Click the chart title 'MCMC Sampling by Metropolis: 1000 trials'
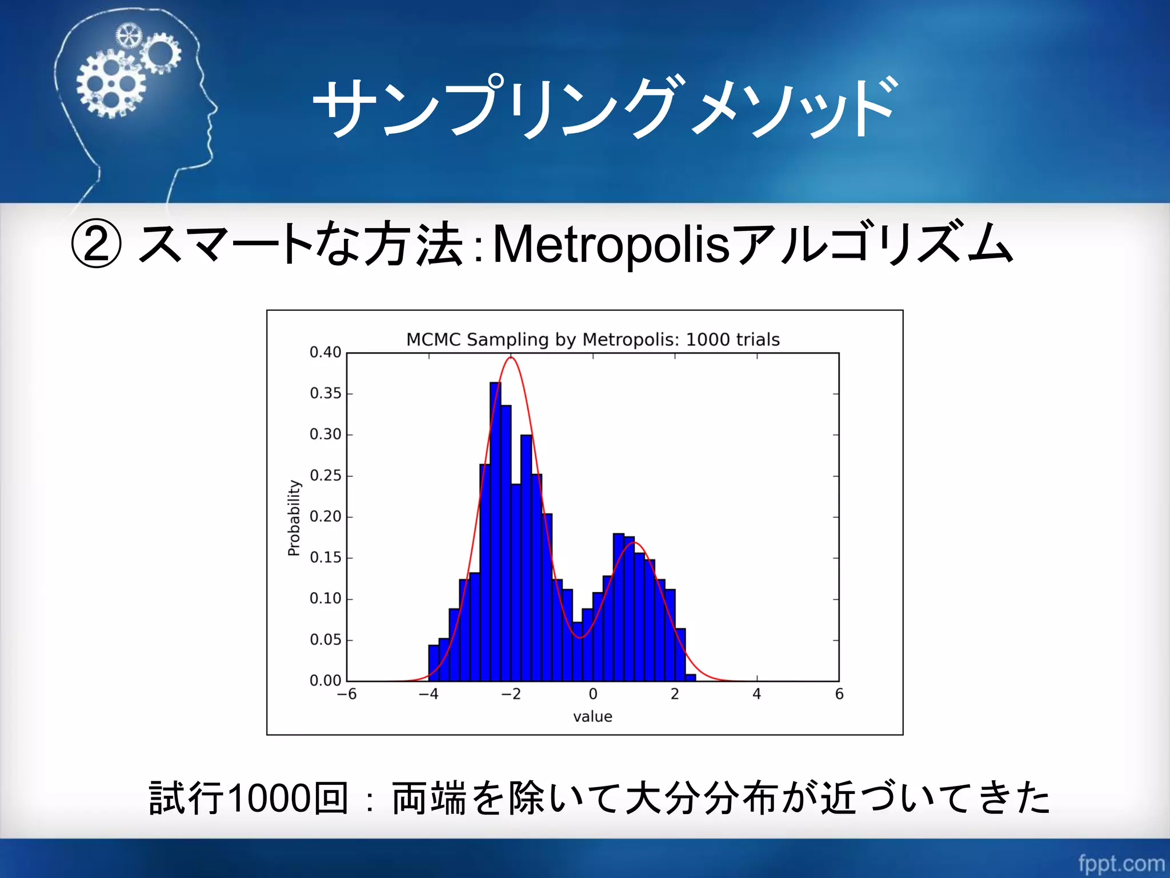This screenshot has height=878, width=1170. tap(592, 340)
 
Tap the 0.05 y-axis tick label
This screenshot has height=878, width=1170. tap(325, 640)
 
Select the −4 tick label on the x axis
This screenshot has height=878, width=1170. tap(428, 694)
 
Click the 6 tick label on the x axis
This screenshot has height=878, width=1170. tap(839, 694)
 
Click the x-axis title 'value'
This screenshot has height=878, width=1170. tap(592, 716)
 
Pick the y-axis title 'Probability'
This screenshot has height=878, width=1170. tap(294, 517)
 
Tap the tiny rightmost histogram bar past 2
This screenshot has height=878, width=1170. tap(690, 678)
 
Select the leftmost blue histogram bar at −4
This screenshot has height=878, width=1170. tap(434, 663)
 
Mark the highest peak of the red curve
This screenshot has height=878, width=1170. tap(511, 358)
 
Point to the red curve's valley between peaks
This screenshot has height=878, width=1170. tap(580, 637)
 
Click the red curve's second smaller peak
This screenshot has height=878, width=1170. tap(634, 542)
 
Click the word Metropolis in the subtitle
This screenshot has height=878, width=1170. tap(611, 245)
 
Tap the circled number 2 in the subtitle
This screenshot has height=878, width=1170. tap(96, 245)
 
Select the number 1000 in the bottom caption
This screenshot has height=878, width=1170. tap(270, 798)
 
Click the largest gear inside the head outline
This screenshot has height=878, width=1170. tap(111, 84)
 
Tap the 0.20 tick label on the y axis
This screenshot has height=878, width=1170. tap(325, 517)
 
